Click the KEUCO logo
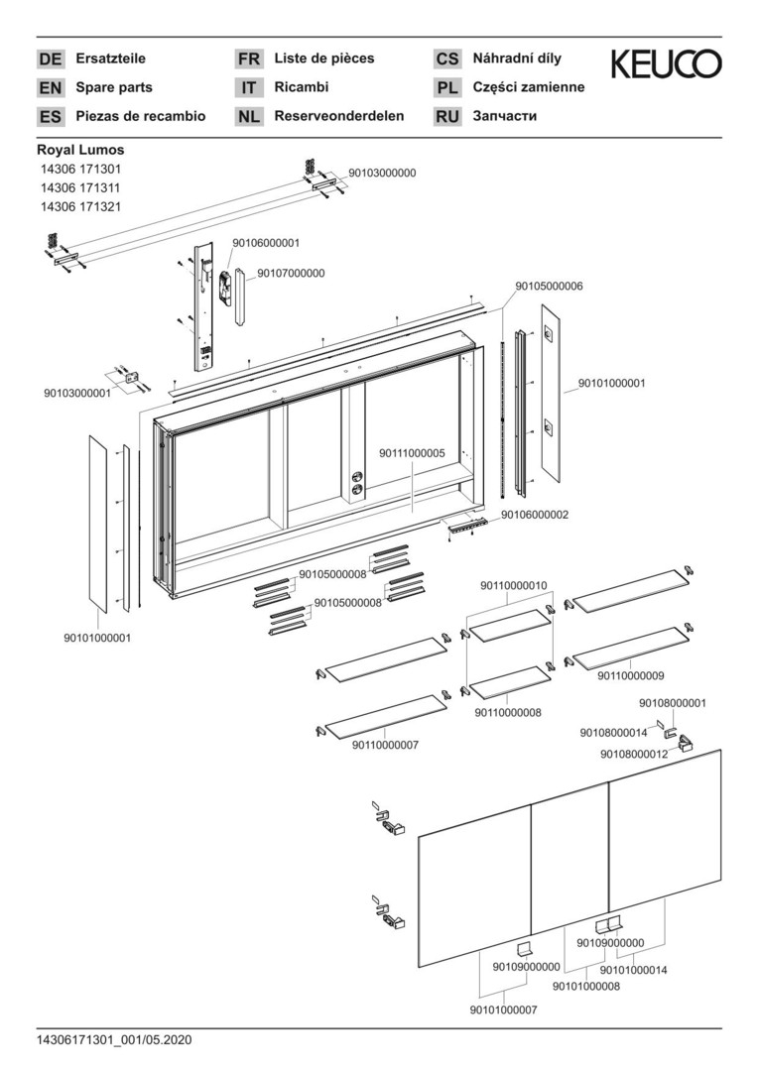point(667,64)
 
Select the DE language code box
point(50,59)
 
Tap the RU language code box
point(447,117)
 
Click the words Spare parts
point(112,87)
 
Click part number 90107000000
point(291,273)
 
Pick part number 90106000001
point(266,242)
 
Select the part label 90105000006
point(549,286)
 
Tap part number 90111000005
point(413,452)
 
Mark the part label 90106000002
point(534,515)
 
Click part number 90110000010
point(513,585)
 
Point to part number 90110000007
point(385,745)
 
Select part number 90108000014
point(613,733)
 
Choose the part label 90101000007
point(503,1010)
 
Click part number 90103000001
point(77,393)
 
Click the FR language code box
point(248,59)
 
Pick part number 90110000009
point(631,676)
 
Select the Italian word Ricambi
point(301,87)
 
